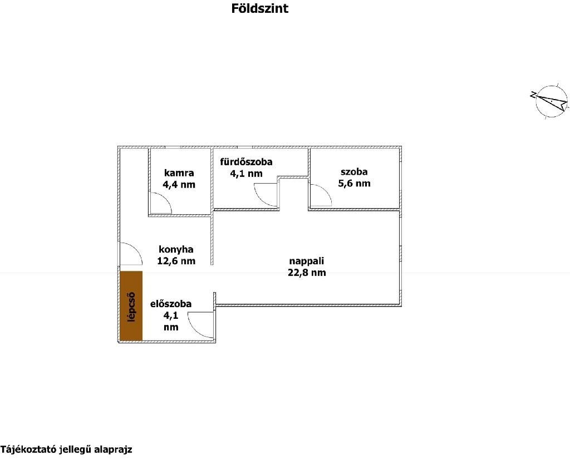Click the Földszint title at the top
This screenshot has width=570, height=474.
coord(259,8)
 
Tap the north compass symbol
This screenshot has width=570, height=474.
coord(550,102)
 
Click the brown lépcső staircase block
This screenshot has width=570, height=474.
coord(131,306)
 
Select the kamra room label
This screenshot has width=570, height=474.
coord(179,173)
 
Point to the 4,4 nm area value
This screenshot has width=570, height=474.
coord(179,185)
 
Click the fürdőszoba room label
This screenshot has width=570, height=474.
coord(246,162)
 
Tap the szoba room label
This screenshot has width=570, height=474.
coord(354,171)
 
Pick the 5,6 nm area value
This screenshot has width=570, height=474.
coord(354,183)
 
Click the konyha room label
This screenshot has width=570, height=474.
coord(176,250)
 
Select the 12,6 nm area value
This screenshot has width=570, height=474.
coord(176,261)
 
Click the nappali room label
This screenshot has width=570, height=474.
coord(307,261)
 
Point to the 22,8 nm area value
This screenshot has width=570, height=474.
coord(307,273)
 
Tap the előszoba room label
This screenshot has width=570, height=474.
coord(171,304)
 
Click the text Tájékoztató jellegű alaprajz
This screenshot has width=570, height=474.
coord(66,450)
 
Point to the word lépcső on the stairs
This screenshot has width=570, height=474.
coord(131,307)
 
